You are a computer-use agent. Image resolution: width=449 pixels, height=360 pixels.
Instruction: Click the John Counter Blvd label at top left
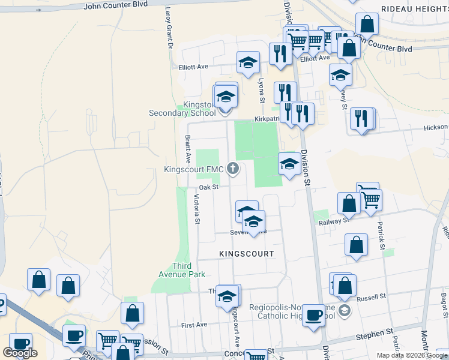coord(115,5)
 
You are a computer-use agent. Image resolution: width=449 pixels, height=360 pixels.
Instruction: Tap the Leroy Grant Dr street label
coord(169,28)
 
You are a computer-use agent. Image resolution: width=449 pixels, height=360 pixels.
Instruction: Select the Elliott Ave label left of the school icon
coord(193,67)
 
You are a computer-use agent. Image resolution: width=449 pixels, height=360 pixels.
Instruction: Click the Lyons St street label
coord(261,88)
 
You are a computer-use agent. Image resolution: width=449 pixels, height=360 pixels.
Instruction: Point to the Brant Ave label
coord(188,149)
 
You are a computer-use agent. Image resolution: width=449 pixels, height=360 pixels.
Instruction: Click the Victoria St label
coord(196,209)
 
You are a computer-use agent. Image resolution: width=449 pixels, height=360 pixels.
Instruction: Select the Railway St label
coord(334,221)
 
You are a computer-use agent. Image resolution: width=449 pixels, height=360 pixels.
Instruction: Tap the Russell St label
coord(370,298)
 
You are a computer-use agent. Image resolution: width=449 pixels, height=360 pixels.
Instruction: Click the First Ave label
coord(194,325)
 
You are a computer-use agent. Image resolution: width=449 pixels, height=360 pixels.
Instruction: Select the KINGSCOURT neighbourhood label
coord(246,254)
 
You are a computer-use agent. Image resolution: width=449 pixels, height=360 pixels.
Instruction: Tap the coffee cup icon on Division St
coord(313,315)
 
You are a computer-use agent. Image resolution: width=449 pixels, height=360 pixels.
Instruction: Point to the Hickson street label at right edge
coord(435,127)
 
